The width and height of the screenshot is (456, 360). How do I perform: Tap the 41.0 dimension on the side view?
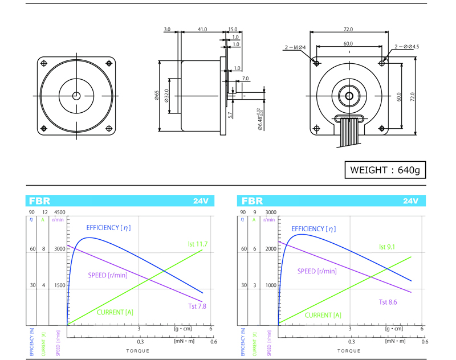click(x=202, y=29)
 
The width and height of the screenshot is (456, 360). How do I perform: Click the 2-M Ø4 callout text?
click(x=295, y=47)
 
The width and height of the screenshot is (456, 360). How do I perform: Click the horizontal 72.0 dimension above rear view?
click(x=348, y=29)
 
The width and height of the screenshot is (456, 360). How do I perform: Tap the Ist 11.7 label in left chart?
click(x=198, y=244)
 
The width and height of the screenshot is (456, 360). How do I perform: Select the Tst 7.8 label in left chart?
click(x=197, y=306)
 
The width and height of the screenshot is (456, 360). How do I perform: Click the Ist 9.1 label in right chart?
click(x=388, y=247)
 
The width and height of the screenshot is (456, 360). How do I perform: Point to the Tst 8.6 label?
click(x=388, y=302)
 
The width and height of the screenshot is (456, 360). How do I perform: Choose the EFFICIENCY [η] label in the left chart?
click(x=109, y=227)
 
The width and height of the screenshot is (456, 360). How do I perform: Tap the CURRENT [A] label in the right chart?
click(x=323, y=315)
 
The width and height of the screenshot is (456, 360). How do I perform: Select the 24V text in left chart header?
click(x=201, y=201)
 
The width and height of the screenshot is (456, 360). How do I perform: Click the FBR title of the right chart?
click(x=252, y=201)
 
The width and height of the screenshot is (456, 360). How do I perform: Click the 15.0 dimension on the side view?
click(x=233, y=29)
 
